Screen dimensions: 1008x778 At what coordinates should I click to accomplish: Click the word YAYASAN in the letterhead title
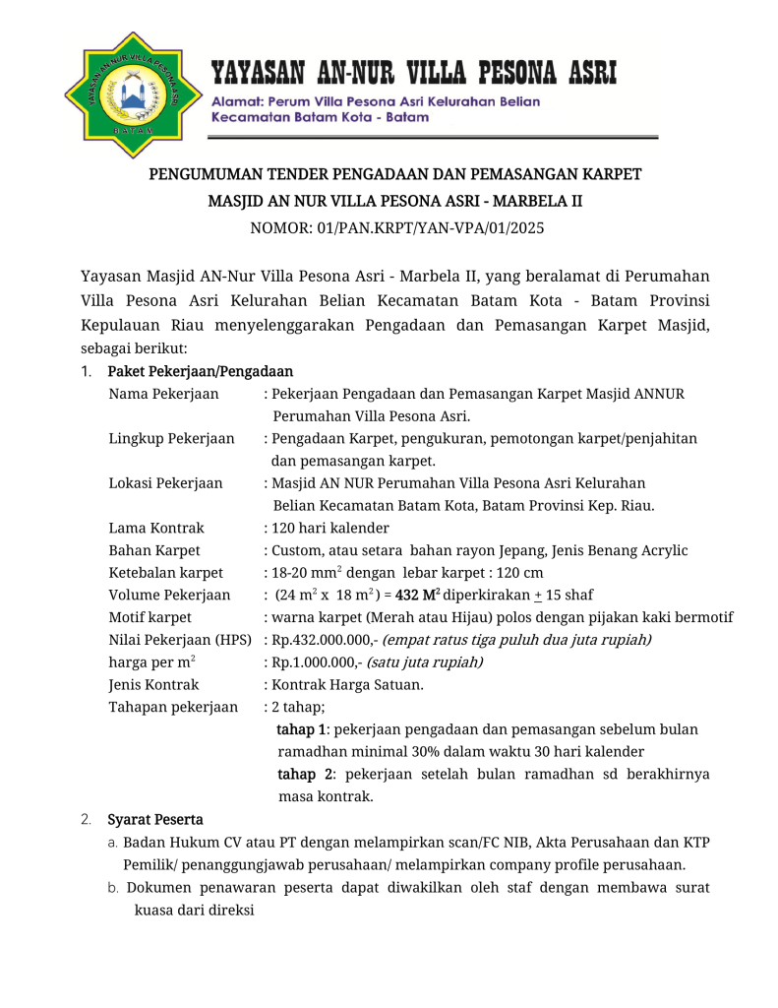(x=259, y=74)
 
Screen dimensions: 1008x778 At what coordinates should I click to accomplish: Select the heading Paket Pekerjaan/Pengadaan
(x=200, y=371)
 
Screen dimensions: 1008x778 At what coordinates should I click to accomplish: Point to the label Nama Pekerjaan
(x=163, y=394)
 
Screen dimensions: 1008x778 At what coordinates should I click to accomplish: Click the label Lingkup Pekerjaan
(x=171, y=438)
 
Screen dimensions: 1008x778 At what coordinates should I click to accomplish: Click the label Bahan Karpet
(x=154, y=550)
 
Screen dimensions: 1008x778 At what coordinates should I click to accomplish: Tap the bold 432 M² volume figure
(x=417, y=595)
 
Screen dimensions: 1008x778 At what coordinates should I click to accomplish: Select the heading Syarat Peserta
(x=155, y=819)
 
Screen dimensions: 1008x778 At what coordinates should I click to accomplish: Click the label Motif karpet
(x=150, y=617)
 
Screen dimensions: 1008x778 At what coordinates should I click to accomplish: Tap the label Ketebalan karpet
(x=165, y=573)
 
